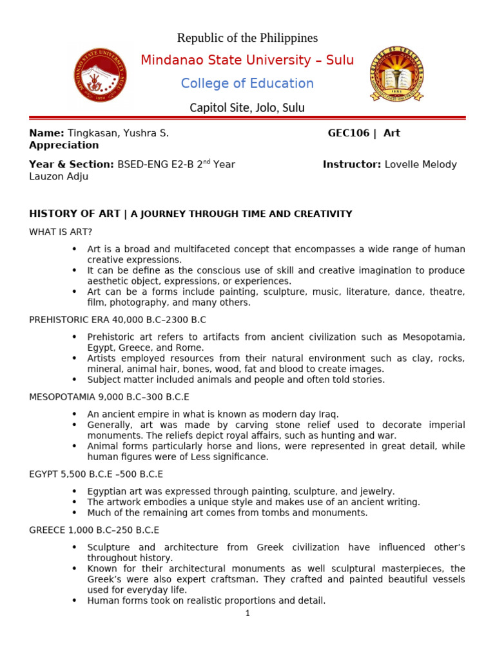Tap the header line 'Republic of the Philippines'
tap(247, 38)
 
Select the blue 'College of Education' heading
tap(247, 84)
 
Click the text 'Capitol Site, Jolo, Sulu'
tap(247, 107)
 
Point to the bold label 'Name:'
tap(46, 133)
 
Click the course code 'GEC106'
tap(349, 133)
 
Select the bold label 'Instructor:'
tap(352, 165)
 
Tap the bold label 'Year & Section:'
tap(72, 165)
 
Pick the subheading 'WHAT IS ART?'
tap(61, 232)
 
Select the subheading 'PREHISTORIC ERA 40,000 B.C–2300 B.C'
tap(117, 320)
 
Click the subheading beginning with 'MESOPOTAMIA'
tap(109, 397)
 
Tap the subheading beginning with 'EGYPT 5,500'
tap(96, 474)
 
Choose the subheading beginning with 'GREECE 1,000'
tap(94, 530)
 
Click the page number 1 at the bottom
tap(247, 613)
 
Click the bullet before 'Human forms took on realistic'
tap(74, 601)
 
